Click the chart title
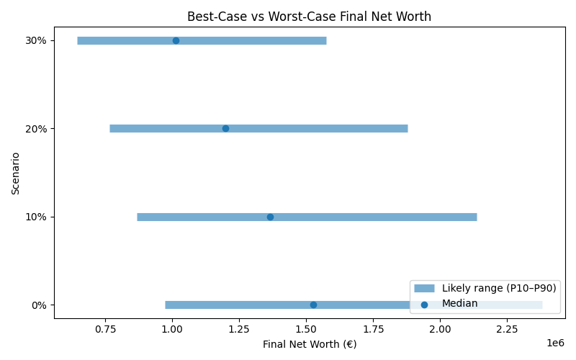[309, 17]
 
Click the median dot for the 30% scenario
[176, 40]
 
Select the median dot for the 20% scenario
[225, 128]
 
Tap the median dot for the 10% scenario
[270, 217]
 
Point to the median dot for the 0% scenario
[313, 305]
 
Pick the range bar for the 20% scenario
[324, 128]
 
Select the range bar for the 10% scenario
[374, 217]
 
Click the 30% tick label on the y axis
[36, 40]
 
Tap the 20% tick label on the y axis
[36, 129]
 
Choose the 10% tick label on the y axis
[36, 217]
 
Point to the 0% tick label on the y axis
[39, 305]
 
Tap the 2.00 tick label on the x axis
[440, 328]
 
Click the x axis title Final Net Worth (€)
[309, 344]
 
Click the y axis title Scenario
[16, 173]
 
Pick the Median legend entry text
[459, 304]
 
